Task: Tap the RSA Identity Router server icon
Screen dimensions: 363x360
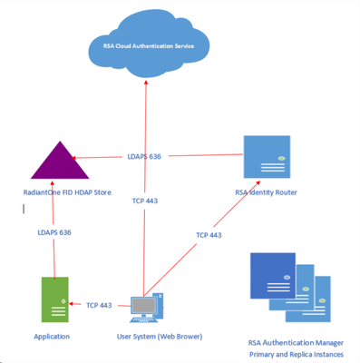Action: point(267,156)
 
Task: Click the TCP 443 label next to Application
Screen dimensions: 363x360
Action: point(99,306)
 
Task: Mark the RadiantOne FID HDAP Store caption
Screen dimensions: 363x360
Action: point(55,192)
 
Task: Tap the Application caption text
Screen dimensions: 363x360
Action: point(52,337)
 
